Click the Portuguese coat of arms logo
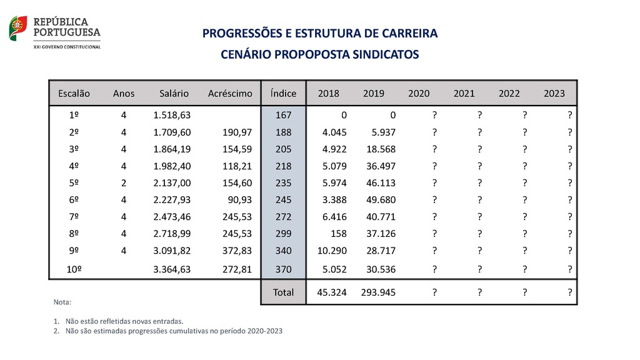point(18,28)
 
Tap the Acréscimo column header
point(230,94)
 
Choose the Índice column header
point(283,94)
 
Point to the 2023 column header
point(554,94)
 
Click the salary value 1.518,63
point(172,116)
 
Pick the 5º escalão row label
point(74,183)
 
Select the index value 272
point(283,217)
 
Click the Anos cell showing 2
point(124,183)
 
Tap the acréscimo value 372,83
point(237,251)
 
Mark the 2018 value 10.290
point(332,251)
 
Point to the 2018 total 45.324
point(332,292)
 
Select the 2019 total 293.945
point(378,292)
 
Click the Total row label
point(283,292)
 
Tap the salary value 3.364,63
point(172,270)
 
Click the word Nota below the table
point(63,302)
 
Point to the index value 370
point(283,270)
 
